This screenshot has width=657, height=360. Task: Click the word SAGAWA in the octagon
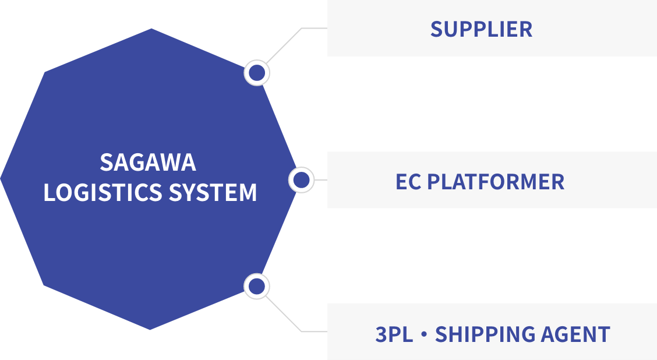pos(148,163)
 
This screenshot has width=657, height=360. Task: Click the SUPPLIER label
pos(481,29)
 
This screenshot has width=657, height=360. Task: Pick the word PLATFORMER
pos(496,182)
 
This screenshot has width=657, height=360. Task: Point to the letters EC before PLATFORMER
pos(408,182)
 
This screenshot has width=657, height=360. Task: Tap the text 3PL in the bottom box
pos(394,334)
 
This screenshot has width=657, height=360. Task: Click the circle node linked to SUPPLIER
pos(257,73)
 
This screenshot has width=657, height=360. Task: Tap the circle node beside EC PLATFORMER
pos(301,180)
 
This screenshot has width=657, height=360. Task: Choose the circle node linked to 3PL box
pos(256,287)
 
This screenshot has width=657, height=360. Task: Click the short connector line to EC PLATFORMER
pos(320,180)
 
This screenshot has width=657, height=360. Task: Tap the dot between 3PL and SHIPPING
pos(424,334)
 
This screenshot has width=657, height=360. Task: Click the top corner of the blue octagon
pos(151,29)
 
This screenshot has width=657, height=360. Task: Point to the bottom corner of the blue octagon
pos(150,329)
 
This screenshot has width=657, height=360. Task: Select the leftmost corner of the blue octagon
pos(1,178)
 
